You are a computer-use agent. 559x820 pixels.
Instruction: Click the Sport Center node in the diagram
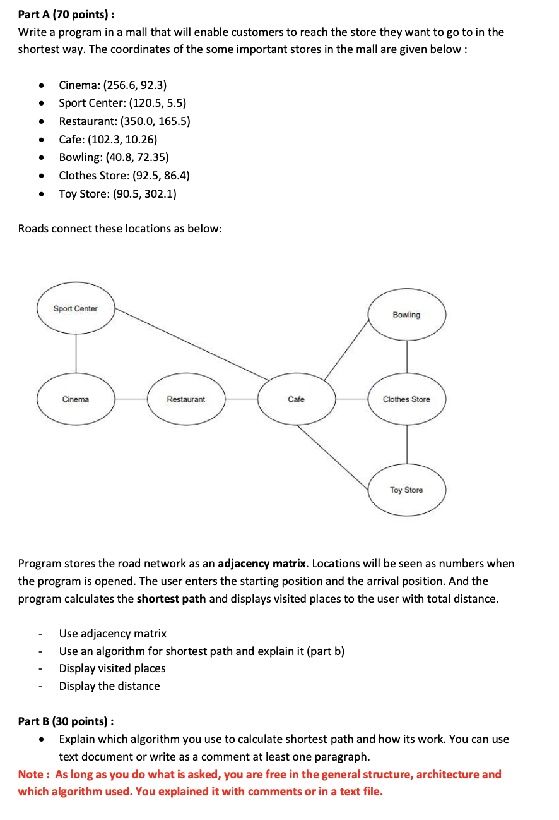coord(76,309)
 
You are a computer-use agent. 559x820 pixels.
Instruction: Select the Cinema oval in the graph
coord(76,399)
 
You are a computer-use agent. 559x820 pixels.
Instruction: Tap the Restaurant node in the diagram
coord(186,399)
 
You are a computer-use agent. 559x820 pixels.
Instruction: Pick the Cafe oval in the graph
coord(296,399)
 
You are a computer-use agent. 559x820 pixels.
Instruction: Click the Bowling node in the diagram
coord(406,315)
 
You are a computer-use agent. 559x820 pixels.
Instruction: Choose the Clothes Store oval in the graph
coord(406,399)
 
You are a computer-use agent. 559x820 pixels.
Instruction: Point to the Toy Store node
coord(406,490)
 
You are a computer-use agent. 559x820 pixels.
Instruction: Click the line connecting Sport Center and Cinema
coord(76,354)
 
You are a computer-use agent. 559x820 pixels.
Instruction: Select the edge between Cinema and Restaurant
coord(131,399)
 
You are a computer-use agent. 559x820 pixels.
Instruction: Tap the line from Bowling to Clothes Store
coord(407,357)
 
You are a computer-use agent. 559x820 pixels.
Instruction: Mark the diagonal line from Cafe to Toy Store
coord(332,456)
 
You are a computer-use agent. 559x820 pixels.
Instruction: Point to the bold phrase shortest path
coord(171,598)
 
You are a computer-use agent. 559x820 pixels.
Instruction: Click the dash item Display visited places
coord(112,668)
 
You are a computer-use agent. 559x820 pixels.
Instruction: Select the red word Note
coord(31,774)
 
